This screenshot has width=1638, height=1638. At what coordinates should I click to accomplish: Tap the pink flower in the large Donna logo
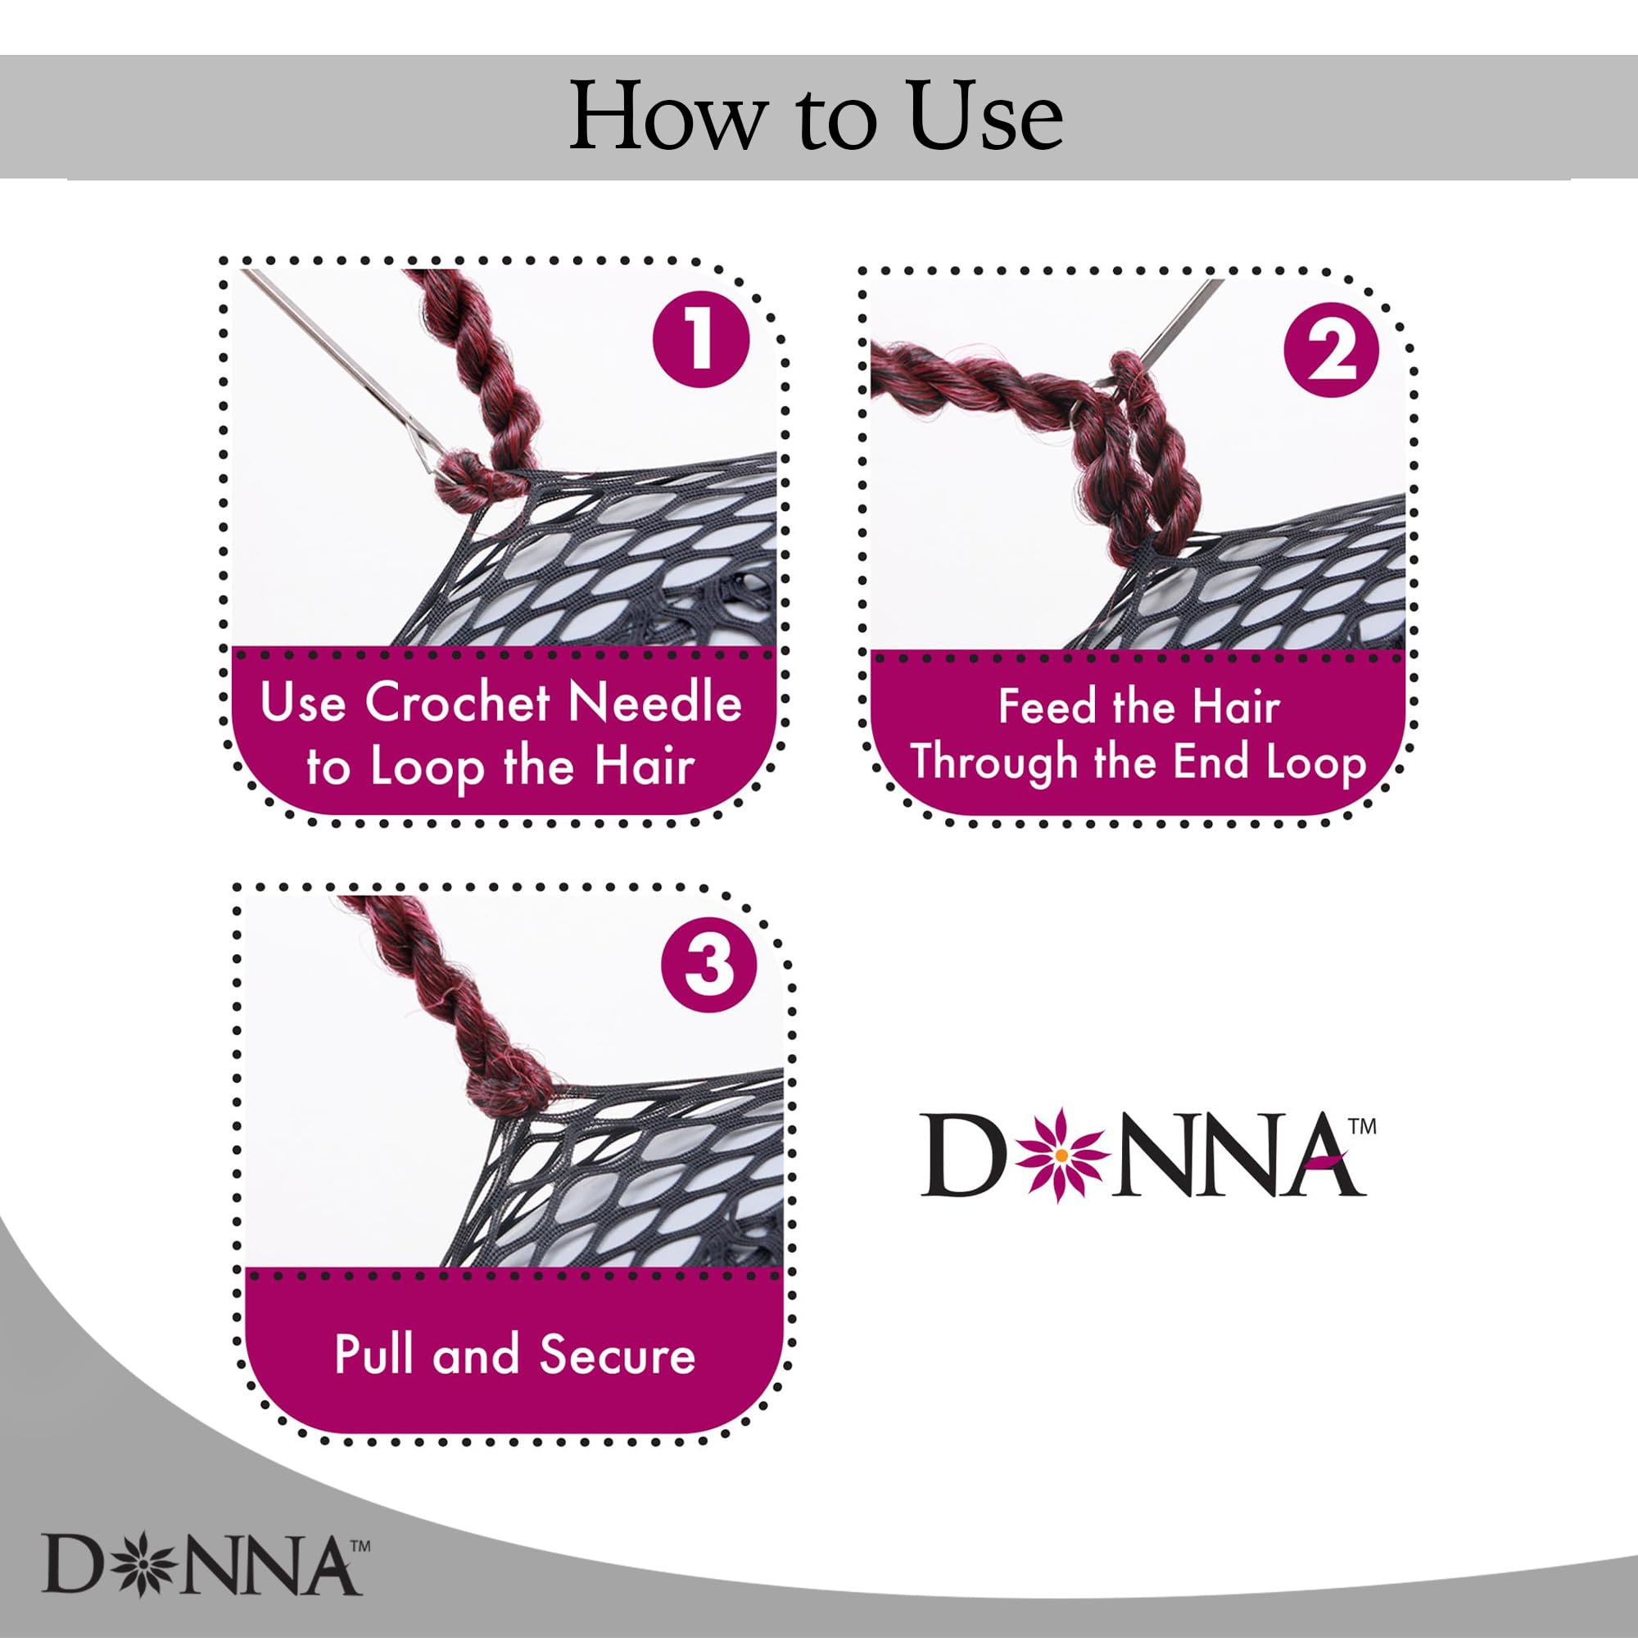click(1060, 1156)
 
